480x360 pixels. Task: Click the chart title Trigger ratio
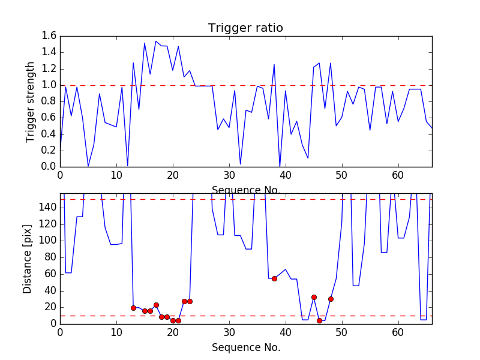point(245,28)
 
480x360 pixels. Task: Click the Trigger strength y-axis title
point(31,101)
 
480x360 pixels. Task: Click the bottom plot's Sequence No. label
point(245,347)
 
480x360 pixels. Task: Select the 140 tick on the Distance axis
point(47,208)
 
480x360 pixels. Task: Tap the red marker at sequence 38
point(274,278)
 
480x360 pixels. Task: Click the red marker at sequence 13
point(133,308)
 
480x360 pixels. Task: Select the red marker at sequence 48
point(331,299)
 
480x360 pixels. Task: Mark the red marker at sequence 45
point(314,297)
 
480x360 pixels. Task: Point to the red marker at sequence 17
point(156,305)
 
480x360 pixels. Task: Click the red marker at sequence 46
point(319,320)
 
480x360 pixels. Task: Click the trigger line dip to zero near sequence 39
point(280,166)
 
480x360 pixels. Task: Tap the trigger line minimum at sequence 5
point(88,166)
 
